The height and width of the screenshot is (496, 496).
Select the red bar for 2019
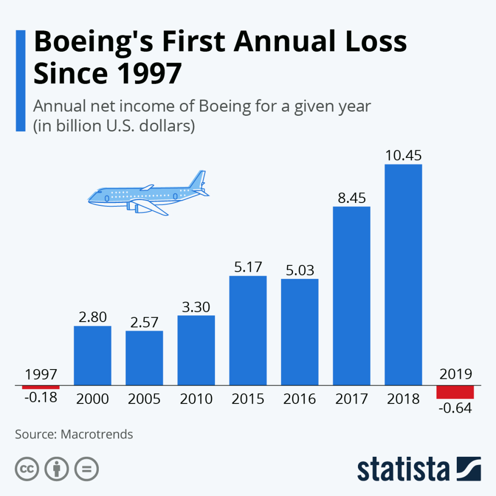pyautogui.click(x=455, y=392)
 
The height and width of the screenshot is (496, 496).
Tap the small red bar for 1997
pyautogui.click(x=41, y=387)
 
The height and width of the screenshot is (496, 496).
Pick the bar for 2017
pyautogui.click(x=352, y=296)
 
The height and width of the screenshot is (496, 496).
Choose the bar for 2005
pyautogui.click(x=144, y=358)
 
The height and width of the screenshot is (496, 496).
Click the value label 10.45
pyautogui.click(x=403, y=156)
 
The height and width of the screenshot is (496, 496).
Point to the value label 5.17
pyautogui.click(x=248, y=267)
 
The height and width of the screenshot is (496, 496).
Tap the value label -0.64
pyautogui.click(x=455, y=408)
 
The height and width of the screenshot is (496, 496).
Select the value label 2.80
pyautogui.click(x=93, y=317)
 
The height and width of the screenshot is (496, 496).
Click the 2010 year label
pyautogui.click(x=196, y=399)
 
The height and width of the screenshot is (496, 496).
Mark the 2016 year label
pyautogui.click(x=300, y=399)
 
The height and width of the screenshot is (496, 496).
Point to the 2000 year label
pyautogui.click(x=93, y=399)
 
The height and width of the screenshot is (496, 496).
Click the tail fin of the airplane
pyautogui.click(x=199, y=179)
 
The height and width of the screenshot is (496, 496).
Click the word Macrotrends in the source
pyautogui.click(x=97, y=434)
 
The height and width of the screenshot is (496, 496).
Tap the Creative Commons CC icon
pyautogui.click(x=27, y=468)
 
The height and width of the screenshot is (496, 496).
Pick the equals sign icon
pyautogui.click(x=86, y=468)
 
